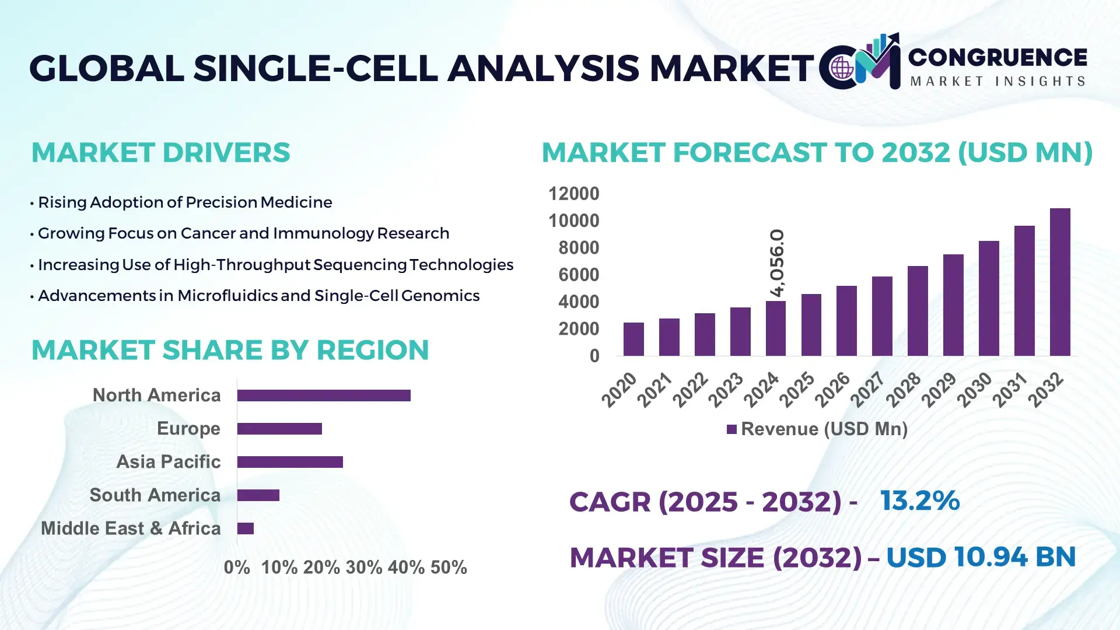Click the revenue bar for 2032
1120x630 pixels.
pyautogui.click(x=1060, y=282)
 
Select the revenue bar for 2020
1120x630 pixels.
pyautogui.click(x=633, y=339)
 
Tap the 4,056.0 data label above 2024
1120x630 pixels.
pyautogui.click(x=777, y=262)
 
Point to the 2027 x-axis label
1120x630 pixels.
pyautogui.click(x=867, y=390)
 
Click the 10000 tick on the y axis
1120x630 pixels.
pyautogui.click(x=573, y=220)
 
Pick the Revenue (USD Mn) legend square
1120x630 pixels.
pyautogui.click(x=731, y=429)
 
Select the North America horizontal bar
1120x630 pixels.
pyautogui.click(x=324, y=395)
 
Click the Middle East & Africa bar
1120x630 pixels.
pyautogui.click(x=246, y=528)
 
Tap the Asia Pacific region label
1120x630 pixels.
pyautogui.click(x=168, y=461)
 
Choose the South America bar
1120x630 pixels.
pyautogui.click(x=258, y=495)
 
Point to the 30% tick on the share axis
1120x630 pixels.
pyautogui.click(x=364, y=567)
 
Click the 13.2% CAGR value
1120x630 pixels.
pyautogui.click(x=920, y=501)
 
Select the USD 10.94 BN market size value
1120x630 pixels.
pyautogui.click(x=981, y=557)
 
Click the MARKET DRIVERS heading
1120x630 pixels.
pyautogui.click(x=160, y=153)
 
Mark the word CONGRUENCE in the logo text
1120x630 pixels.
pyautogui.click(x=998, y=57)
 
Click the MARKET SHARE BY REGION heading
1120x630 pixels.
pyautogui.click(x=230, y=350)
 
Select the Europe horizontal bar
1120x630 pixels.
pyautogui.click(x=279, y=429)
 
